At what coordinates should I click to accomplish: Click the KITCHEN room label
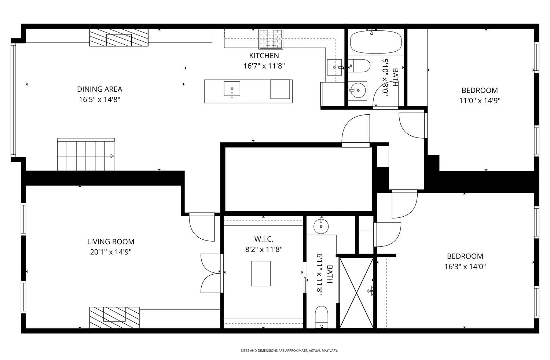click(264, 56)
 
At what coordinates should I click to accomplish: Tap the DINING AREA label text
click(99, 89)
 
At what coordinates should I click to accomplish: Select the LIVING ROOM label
click(111, 242)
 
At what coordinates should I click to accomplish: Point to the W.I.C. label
click(264, 239)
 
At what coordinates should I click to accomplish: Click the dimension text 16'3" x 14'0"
click(465, 267)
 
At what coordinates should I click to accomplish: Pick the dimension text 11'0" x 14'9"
click(480, 101)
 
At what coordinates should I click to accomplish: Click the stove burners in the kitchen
click(271, 39)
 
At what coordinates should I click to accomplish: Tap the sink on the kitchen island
click(232, 89)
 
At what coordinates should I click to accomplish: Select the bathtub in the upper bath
click(375, 42)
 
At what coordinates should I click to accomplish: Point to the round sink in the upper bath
click(356, 90)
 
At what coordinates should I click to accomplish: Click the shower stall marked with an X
click(356, 293)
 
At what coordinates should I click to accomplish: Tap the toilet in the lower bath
click(322, 316)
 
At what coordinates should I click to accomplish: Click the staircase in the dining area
click(86, 154)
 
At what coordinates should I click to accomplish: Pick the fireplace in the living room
click(114, 317)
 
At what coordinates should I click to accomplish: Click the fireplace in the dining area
click(119, 37)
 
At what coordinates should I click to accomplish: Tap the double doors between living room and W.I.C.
click(211, 273)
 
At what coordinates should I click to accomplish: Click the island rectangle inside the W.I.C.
click(261, 273)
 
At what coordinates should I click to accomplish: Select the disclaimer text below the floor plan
click(289, 351)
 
